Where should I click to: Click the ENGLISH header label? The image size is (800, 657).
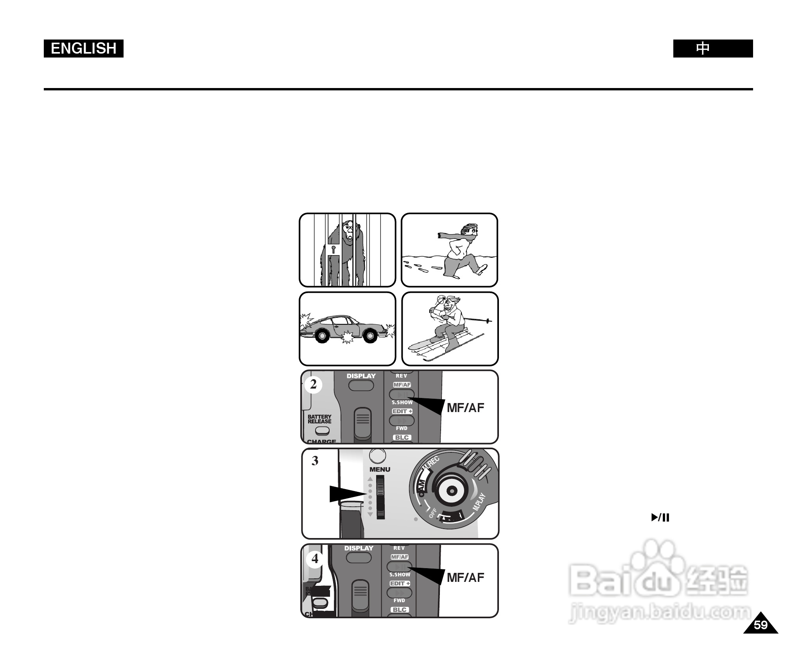point(83,49)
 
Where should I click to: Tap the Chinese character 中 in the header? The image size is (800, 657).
point(703,49)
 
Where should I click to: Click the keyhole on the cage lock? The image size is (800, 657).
point(333,249)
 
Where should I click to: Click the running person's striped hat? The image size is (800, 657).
point(469,229)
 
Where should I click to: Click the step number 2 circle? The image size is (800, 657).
point(313,384)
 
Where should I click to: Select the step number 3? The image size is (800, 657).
point(315,461)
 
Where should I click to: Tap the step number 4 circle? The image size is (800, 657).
point(315,559)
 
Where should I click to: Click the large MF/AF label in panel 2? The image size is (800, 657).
point(465,408)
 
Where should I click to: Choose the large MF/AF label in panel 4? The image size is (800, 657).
point(465,578)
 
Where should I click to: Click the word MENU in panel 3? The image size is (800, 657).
point(380,469)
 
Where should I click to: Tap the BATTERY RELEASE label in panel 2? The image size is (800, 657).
point(319,419)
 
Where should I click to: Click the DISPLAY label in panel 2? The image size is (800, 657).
point(361,376)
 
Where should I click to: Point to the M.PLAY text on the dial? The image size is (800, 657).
point(479,502)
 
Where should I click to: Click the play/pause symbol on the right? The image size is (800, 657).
point(660,518)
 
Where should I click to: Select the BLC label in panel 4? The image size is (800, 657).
point(400,610)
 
